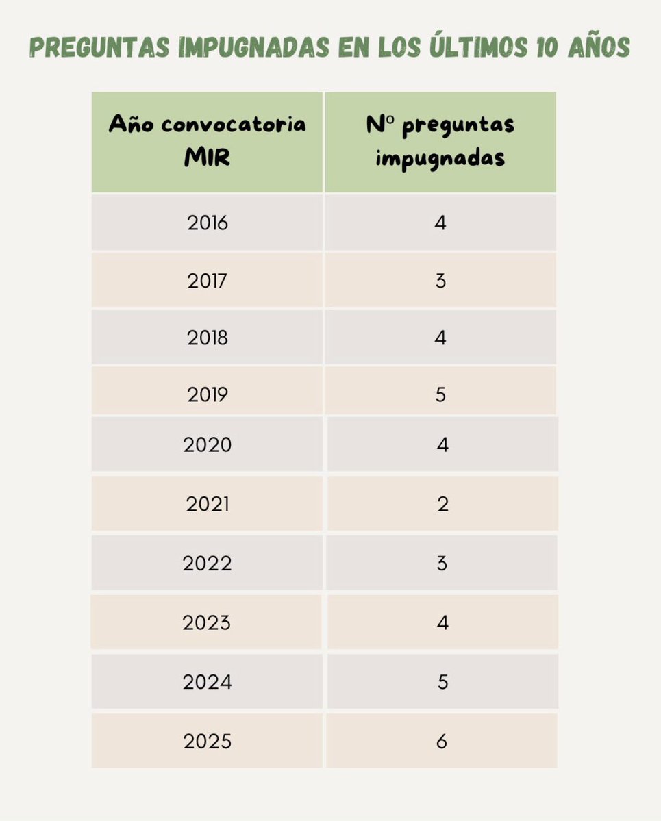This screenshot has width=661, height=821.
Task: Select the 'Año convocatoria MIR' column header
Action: (x=208, y=141)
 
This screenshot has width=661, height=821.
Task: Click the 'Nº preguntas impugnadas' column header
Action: (x=440, y=141)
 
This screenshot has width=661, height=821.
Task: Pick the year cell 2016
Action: (x=208, y=223)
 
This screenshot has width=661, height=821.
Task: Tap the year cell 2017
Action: (x=208, y=280)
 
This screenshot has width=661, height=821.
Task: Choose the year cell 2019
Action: (x=208, y=394)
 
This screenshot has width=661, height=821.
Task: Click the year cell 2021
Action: (x=208, y=504)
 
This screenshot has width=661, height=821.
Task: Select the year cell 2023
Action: (x=207, y=623)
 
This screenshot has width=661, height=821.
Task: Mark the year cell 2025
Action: (x=208, y=742)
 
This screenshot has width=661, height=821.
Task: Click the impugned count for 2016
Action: (x=440, y=223)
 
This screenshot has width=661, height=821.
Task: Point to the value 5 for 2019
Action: (x=440, y=394)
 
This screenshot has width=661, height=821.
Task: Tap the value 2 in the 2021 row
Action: (x=442, y=504)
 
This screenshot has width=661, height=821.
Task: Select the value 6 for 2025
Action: (x=442, y=742)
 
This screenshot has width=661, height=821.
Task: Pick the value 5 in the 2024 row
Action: (x=442, y=682)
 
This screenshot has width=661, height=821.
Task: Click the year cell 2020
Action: (x=208, y=445)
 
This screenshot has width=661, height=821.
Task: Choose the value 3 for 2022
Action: (x=442, y=564)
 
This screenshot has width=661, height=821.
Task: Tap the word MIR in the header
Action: (x=208, y=158)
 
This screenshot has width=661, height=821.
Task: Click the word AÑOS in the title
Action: (x=595, y=48)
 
